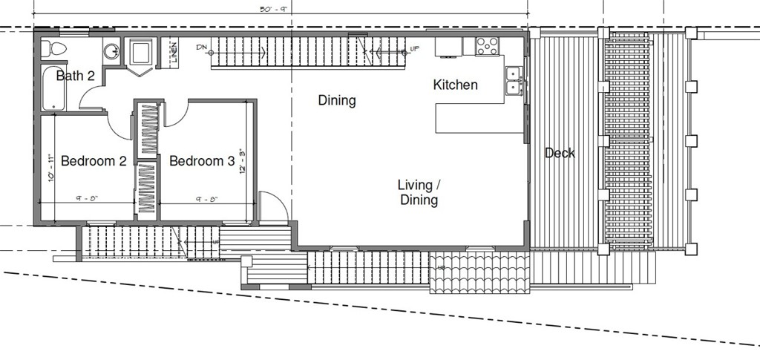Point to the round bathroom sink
click(x=111, y=52)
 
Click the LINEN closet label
click(x=174, y=53)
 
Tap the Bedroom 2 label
click(x=94, y=161)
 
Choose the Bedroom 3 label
click(x=202, y=161)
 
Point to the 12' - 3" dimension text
click(x=241, y=161)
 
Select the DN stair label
click(x=202, y=48)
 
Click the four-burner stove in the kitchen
click(x=487, y=46)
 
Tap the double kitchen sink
click(x=513, y=81)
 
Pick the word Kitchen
click(x=455, y=85)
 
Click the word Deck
click(x=560, y=154)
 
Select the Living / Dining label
click(x=419, y=192)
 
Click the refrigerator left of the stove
click(x=448, y=47)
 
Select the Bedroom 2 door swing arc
click(x=119, y=125)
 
